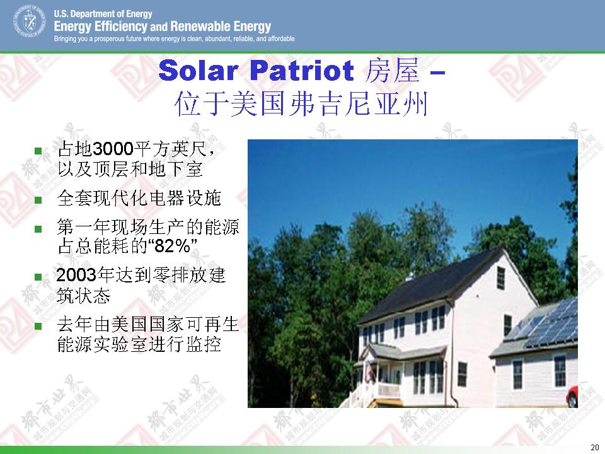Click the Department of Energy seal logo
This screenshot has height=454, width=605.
pos(30,21)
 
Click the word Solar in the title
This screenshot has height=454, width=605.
pos(198,71)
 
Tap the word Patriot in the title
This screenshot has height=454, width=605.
pos(302,71)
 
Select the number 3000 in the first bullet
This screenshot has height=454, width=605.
pos(113,149)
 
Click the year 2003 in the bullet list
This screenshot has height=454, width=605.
pos(76,275)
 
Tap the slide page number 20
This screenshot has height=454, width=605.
pos(594,447)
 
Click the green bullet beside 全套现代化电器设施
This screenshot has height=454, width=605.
pos(38,200)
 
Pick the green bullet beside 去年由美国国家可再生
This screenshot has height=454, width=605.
pos(38,326)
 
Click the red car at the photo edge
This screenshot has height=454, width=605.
pos(572,396)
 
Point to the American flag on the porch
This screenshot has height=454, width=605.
pos(370,371)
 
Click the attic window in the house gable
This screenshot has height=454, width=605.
pos(501,278)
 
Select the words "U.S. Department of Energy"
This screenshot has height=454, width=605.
pos(103,14)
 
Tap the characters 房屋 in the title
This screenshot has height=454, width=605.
pos(391,71)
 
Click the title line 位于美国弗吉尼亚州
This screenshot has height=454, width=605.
pos(301,104)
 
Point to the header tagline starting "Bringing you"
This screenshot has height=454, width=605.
pos(175,38)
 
